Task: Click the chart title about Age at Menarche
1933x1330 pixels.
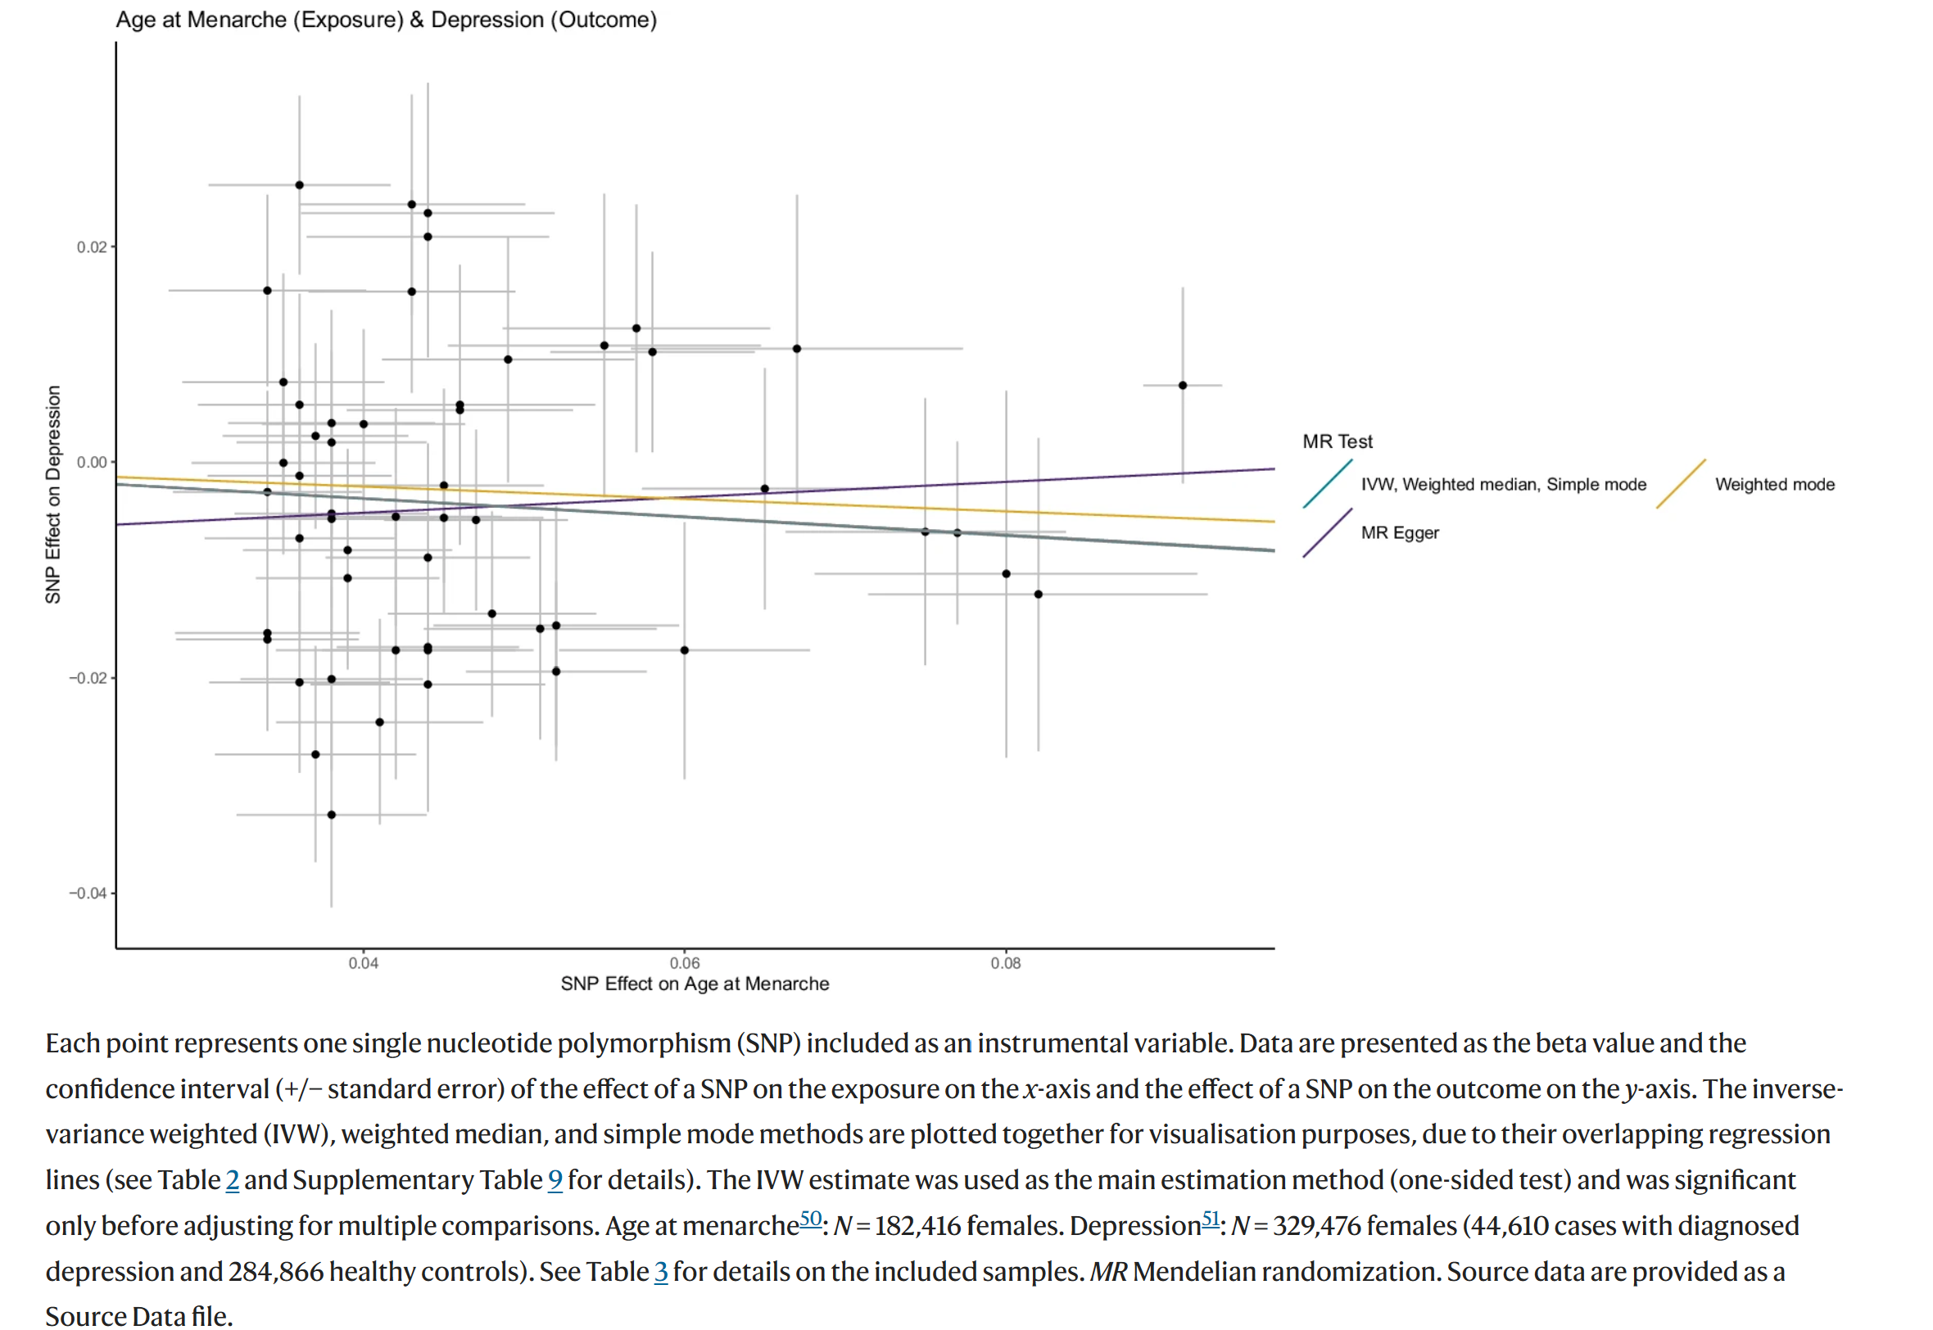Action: (x=386, y=20)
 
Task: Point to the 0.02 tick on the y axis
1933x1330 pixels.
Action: (x=92, y=247)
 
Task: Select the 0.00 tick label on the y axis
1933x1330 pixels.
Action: (x=92, y=463)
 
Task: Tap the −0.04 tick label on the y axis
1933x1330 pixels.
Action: (x=88, y=894)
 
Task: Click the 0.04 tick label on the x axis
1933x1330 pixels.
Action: (x=364, y=964)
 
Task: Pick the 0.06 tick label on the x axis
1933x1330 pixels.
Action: (x=685, y=964)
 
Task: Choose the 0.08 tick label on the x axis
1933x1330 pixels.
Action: (x=1006, y=964)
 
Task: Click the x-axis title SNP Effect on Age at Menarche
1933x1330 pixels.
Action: (x=695, y=985)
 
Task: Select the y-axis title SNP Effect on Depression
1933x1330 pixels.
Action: (x=53, y=495)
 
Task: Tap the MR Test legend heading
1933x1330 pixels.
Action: (x=1338, y=441)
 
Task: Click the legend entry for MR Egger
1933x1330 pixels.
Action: (x=1401, y=533)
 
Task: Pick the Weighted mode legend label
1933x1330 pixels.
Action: (x=1776, y=485)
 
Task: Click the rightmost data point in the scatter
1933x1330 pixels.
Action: (x=1183, y=386)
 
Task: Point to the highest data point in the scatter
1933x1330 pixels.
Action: (x=300, y=185)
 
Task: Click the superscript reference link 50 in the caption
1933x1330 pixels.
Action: (x=811, y=1219)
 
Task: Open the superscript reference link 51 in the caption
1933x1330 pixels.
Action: (x=1211, y=1219)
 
